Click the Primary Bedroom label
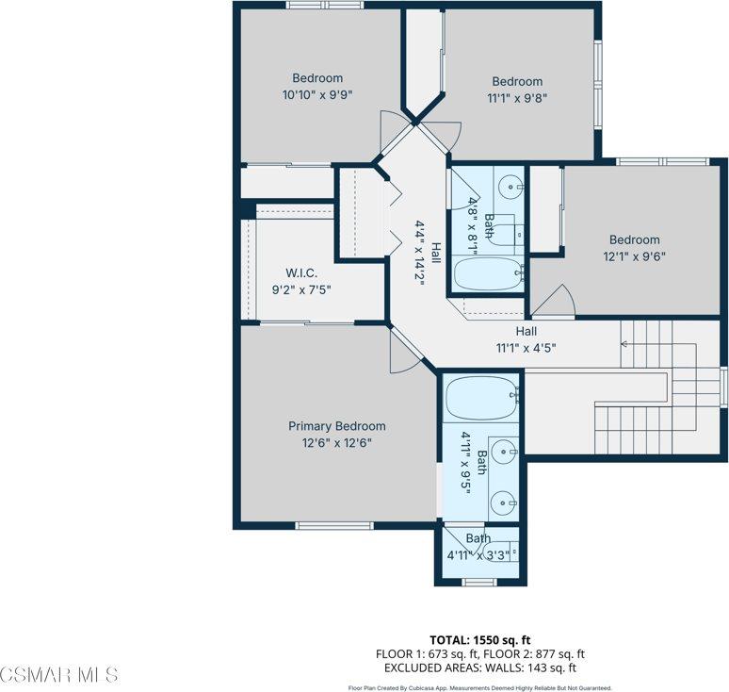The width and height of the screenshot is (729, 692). (336, 426)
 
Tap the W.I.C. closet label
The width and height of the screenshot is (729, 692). (301, 273)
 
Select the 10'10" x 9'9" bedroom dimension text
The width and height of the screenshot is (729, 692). (317, 95)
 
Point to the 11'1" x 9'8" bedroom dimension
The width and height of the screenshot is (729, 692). (517, 97)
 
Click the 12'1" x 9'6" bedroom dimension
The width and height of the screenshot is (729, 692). (634, 255)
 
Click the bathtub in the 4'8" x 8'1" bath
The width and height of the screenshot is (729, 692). (488, 274)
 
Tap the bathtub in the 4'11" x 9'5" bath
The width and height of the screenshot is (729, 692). (480, 400)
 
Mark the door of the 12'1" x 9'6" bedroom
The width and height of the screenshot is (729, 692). (557, 301)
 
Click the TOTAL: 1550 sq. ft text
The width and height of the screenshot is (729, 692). (480, 638)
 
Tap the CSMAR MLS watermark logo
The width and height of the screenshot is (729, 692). (59, 675)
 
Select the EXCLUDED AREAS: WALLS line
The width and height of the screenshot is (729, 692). (480, 667)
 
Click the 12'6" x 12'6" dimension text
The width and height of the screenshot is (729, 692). (336, 442)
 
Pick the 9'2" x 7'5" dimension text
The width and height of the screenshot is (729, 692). (301, 289)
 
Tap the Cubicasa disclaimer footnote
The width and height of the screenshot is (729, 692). (480, 687)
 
